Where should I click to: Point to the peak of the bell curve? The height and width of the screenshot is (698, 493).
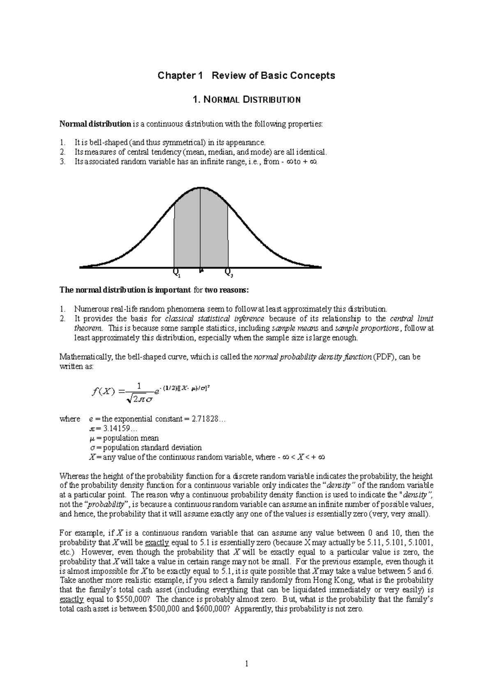click(x=200, y=188)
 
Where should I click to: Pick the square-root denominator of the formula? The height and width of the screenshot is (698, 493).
click(x=140, y=398)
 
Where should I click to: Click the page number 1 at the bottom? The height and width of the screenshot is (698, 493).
click(x=246, y=663)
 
